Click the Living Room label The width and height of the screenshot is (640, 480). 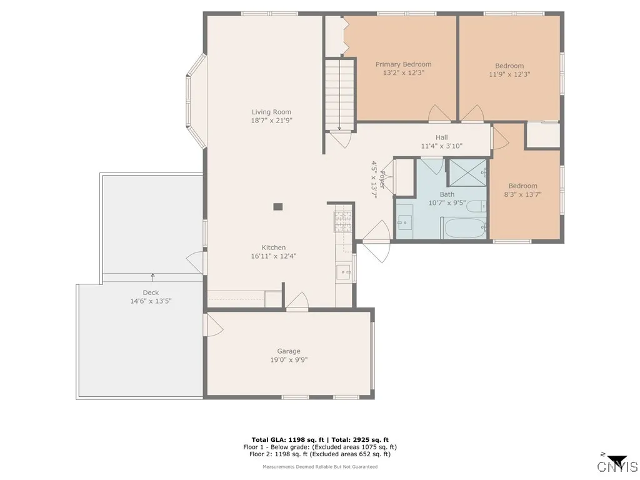[271, 112]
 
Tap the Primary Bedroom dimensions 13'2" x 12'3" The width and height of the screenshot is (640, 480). [403, 73]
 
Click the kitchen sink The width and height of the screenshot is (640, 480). [343, 271]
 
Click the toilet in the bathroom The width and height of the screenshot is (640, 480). [476, 206]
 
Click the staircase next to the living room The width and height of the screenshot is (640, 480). [339, 94]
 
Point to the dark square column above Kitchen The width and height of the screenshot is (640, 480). [278, 207]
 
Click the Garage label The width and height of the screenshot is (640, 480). [289, 351]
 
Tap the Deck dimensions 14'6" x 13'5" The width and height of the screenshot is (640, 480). [150, 301]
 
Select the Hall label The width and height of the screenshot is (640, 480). [441, 138]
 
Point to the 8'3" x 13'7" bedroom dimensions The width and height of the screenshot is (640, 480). [522, 194]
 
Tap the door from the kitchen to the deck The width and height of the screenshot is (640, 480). [196, 262]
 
